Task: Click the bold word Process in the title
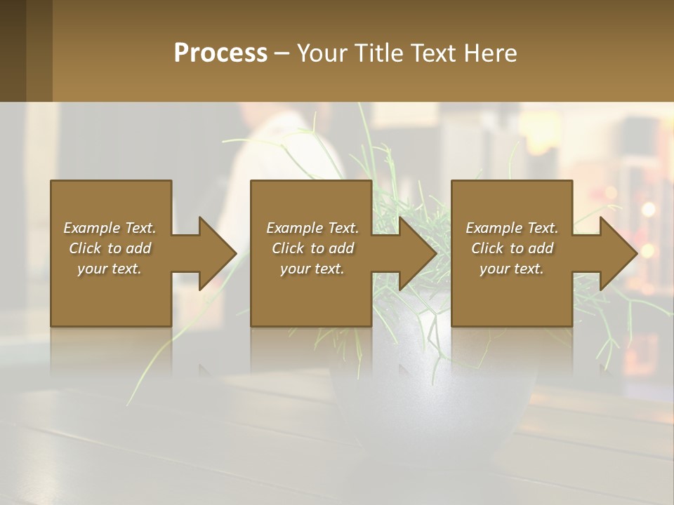(220, 53)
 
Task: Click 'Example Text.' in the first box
(110, 228)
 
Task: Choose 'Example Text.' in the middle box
(312, 228)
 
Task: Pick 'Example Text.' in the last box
(512, 228)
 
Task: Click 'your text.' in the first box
(110, 269)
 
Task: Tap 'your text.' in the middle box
(312, 269)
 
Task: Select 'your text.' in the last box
(512, 269)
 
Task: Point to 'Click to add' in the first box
(110, 248)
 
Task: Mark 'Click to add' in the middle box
(312, 248)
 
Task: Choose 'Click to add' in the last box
(512, 248)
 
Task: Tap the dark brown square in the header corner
(13, 50)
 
